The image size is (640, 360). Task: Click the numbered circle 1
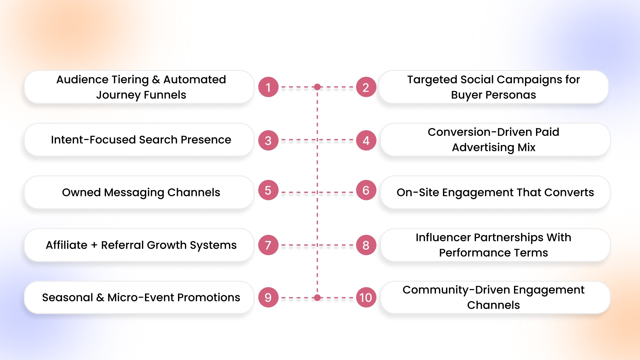268,87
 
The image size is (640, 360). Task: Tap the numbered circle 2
366,87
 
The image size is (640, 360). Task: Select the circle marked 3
268,140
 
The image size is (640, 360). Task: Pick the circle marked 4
366,140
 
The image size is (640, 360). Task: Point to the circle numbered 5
268,190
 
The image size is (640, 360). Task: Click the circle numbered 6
366,190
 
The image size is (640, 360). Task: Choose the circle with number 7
268,245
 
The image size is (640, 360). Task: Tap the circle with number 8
366,245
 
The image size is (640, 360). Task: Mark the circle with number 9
268,297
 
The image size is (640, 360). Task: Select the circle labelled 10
366,297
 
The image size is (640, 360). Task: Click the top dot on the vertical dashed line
317,87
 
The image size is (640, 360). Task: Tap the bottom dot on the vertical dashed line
317,298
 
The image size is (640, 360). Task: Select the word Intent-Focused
93,140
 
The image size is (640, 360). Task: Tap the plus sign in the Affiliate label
94,245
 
